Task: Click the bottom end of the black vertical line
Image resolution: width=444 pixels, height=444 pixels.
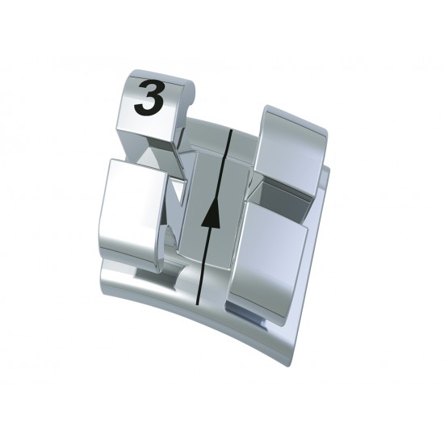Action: point(199,304)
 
